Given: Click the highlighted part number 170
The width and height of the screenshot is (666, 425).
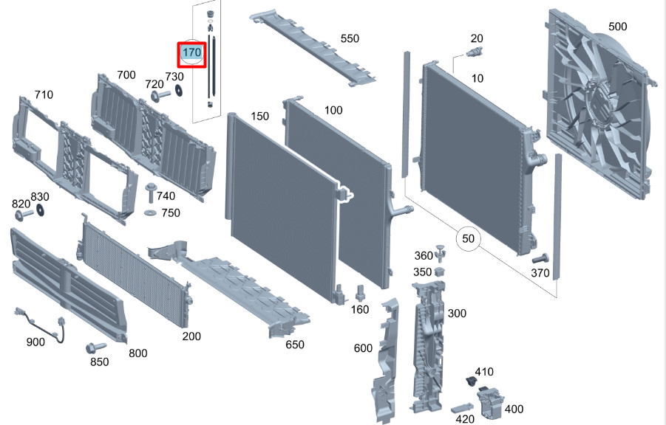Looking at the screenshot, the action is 191,52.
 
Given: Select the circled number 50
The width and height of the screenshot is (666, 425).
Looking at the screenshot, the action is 468,238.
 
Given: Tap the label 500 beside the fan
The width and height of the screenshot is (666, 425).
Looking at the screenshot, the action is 617,27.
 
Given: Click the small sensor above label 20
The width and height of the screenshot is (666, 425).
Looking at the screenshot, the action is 475,52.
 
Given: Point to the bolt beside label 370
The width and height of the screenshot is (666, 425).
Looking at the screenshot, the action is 540,258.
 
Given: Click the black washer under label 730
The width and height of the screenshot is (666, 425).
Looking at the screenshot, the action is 178,90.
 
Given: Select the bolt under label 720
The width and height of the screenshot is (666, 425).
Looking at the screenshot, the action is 160,95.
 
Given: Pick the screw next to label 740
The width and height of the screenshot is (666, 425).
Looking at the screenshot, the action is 150,193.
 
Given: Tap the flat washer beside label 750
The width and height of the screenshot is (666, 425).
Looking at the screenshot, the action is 150,212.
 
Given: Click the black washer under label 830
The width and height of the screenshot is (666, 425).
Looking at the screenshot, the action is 41,210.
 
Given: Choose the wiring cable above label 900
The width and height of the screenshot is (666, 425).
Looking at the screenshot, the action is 41,324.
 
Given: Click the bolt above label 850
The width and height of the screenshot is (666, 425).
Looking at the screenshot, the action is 95,348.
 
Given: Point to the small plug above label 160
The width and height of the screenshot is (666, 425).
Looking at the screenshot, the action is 359,293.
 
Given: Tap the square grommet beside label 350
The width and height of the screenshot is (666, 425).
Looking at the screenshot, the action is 439,271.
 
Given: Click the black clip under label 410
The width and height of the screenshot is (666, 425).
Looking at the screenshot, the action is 470,381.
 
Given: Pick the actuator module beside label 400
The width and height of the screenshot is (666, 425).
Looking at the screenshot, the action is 490,401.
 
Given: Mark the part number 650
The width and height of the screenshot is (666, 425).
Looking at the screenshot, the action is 294,344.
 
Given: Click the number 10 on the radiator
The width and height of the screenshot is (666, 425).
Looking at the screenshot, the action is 478,78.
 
